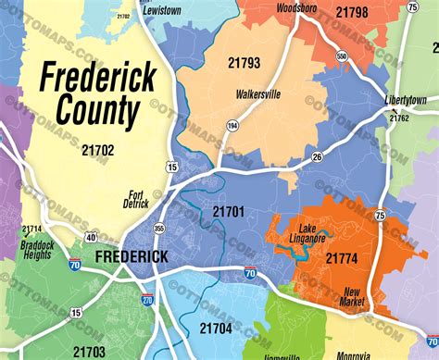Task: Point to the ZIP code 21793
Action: (245, 63)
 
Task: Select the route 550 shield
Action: (342, 57)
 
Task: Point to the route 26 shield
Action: (317, 156)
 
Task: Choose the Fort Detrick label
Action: (136, 199)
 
